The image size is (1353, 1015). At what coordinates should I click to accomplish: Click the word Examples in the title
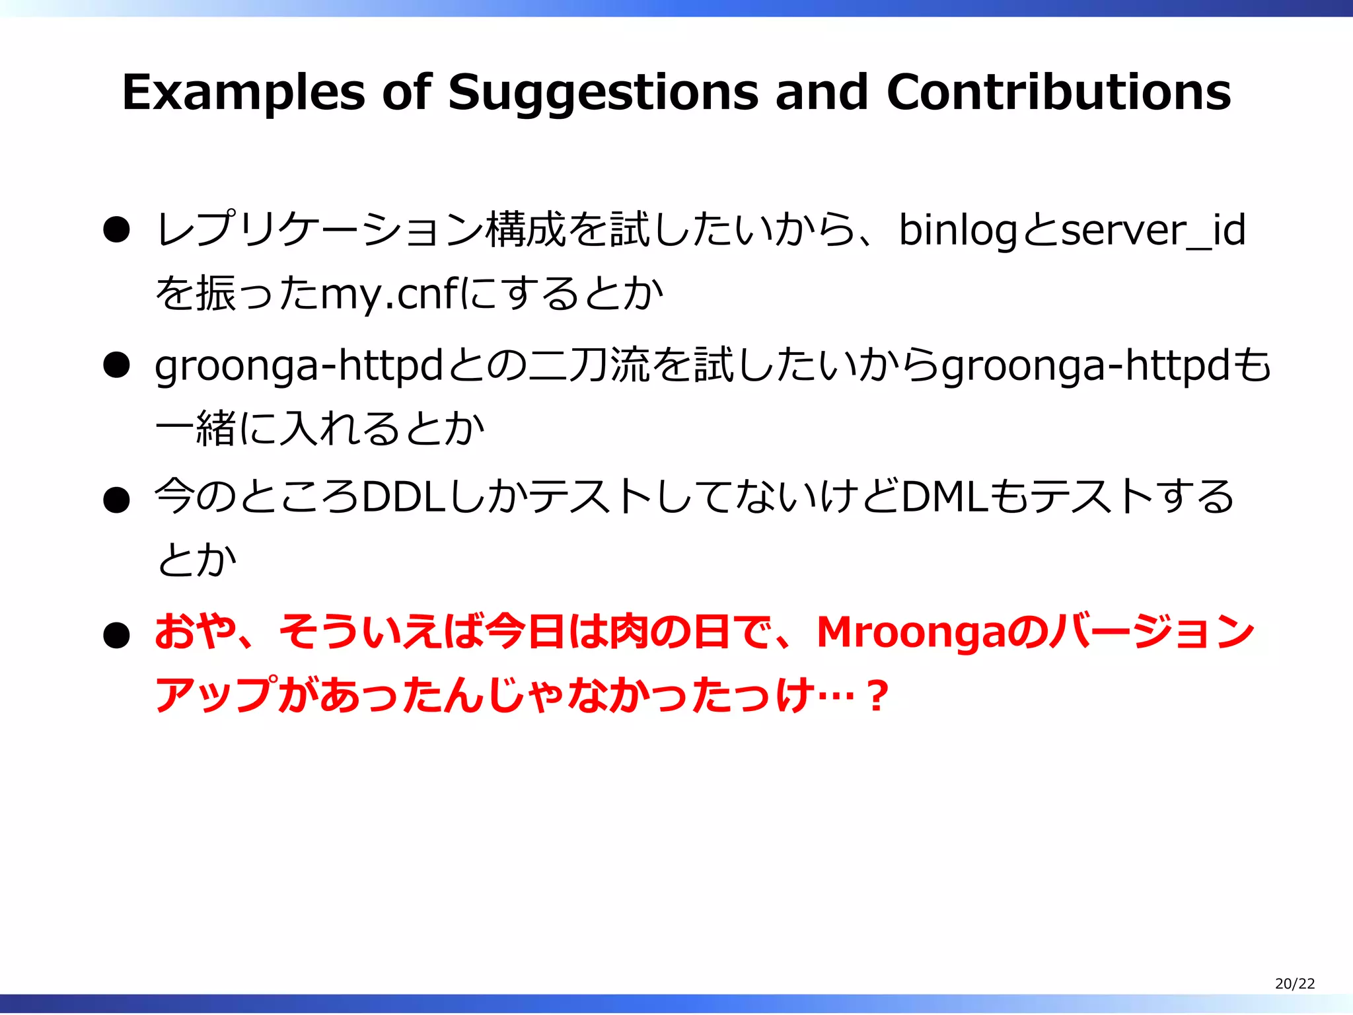click(242, 93)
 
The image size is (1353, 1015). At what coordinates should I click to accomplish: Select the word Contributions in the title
click(1058, 93)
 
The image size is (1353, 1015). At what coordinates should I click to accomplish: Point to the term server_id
click(1153, 231)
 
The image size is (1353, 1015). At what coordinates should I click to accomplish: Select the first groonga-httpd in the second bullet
click(298, 365)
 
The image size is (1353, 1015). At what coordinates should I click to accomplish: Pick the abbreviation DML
click(945, 497)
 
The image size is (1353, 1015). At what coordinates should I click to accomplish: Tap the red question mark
click(877, 696)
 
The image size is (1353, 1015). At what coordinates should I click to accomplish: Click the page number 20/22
click(1294, 983)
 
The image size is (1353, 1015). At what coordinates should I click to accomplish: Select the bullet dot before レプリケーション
click(116, 231)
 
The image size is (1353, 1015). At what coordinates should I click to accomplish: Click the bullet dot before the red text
click(116, 636)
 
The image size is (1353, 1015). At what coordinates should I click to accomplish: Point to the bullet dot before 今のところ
click(116, 500)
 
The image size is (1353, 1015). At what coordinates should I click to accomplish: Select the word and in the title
click(821, 93)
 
